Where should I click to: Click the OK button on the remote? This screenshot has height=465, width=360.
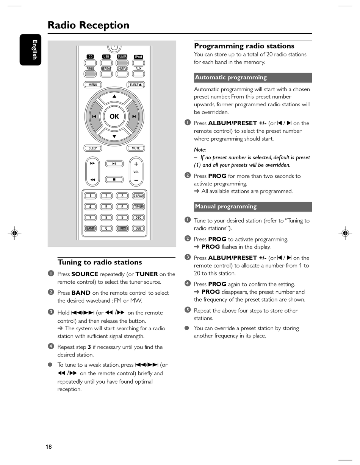pos(114,117)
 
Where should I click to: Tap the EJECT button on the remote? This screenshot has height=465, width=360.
pos(135,85)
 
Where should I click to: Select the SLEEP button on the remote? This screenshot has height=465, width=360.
pos(93,148)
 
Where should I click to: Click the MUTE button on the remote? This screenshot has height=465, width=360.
pos(136,148)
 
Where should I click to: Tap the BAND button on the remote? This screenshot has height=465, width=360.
pos(90,229)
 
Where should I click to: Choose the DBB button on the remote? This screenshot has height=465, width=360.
pos(138,229)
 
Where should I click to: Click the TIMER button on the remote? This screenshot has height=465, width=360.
pos(138,207)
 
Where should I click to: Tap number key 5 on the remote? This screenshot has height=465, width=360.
pos(106,207)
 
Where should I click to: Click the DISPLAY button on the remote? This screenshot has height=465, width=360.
pos(138,196)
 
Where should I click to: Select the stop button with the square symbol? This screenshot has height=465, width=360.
pos(114,179)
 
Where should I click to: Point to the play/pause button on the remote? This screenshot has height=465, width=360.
pos(114,164)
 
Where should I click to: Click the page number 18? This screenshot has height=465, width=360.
pos(49,447)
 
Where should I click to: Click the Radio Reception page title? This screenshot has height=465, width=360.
pos(88,25)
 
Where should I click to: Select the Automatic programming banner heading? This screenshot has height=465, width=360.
pos(253,78)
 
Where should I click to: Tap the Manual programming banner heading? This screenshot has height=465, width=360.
pos(253,207)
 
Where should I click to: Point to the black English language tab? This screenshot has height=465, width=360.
pos(31,50)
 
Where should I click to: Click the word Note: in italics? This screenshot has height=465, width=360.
pos(200,150)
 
